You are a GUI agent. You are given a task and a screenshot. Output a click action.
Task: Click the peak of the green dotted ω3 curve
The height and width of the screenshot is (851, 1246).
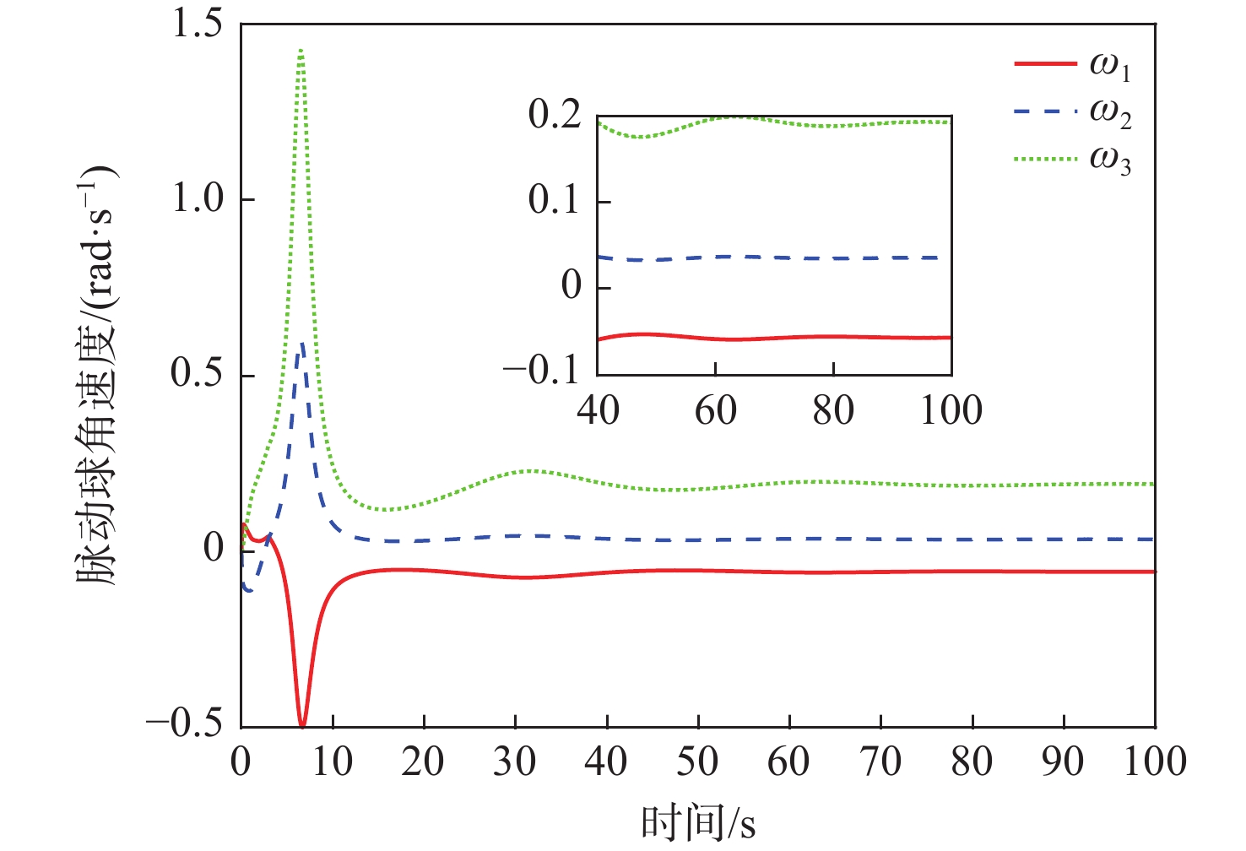(x=301, y=51)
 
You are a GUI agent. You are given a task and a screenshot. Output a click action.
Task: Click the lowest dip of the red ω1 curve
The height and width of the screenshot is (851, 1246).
(x=302, y=725)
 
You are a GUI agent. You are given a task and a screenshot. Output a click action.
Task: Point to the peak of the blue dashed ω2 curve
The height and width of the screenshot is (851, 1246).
(x=302, y=343)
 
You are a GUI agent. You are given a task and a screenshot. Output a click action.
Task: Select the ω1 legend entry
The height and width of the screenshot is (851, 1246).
(x=1072, y=66)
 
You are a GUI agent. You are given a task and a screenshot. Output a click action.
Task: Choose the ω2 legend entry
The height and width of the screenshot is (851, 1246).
(x=1072, y=112)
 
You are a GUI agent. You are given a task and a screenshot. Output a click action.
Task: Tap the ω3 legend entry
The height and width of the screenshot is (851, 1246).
(x=1072, y=160)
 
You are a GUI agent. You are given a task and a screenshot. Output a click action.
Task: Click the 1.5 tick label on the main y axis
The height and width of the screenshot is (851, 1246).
(x=198, y=24)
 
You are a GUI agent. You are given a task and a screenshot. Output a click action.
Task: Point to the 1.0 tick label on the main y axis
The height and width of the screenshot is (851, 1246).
(x=198, y=199)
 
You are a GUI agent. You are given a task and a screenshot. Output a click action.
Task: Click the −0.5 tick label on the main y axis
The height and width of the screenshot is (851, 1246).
(x=185, y=724)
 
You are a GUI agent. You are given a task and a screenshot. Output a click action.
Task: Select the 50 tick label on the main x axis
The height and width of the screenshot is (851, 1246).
(x=697, y=762)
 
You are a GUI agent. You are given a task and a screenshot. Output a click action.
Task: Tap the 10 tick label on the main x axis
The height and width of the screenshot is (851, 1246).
(x=332, y=762)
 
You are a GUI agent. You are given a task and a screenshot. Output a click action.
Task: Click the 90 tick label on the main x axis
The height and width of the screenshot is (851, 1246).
(x=1063, y=762)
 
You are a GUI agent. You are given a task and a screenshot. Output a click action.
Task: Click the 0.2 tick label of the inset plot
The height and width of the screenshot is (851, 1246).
(x=555, y=115)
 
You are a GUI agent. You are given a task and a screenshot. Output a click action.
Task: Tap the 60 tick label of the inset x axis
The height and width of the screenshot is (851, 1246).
(x=715, y=411)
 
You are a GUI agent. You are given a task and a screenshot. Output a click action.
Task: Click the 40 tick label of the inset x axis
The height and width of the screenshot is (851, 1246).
(x=598, y=411)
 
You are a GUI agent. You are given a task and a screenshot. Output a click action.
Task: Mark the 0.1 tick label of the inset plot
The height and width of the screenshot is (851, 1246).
(x=555, y=201)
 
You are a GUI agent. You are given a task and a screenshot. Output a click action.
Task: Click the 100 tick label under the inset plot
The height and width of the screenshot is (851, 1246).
(x=951, y=411)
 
